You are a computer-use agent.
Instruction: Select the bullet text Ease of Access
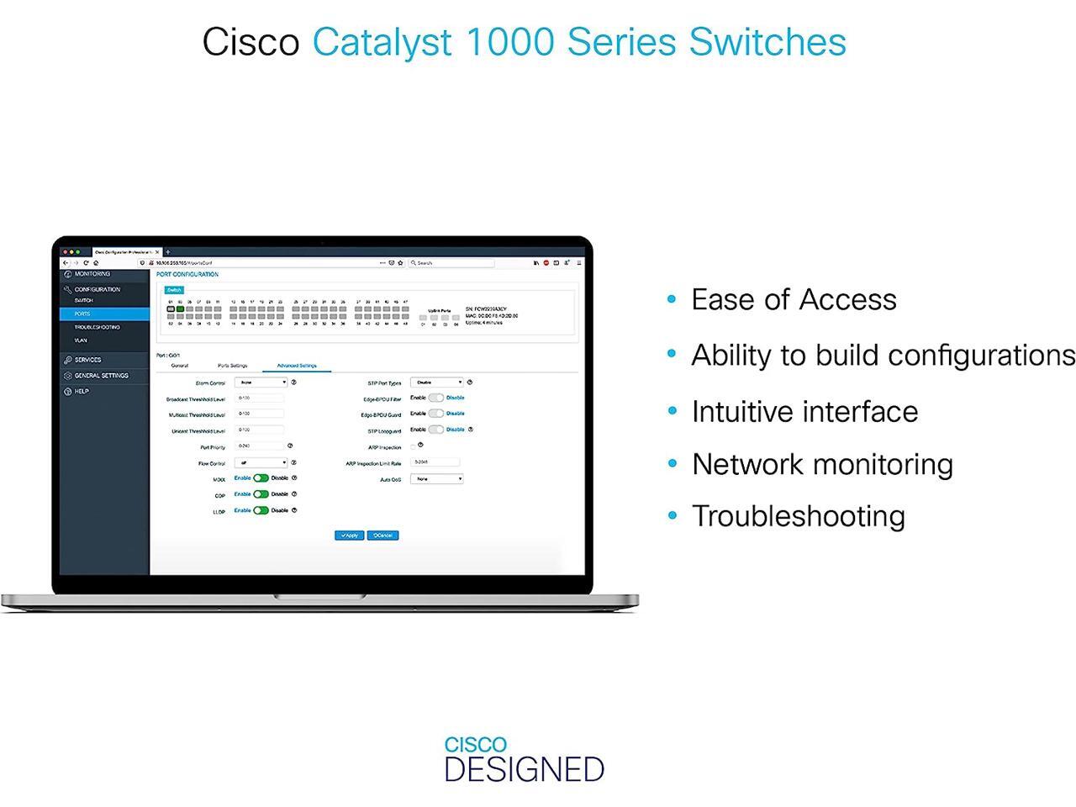tap(794, 299)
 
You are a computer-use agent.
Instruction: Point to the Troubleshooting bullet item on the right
tap(798, 515)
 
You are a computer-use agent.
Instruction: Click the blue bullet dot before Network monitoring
tap(672, 464)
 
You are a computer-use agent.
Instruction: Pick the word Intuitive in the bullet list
tap(741, 412)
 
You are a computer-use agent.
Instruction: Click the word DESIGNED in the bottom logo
tap(524, 769)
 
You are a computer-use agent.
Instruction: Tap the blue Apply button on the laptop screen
tap(349, 535)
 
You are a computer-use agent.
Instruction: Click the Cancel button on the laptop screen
tap(382, 535)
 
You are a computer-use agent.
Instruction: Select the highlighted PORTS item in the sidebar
tap(104, 314)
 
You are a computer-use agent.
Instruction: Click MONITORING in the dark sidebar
tap(92, 274)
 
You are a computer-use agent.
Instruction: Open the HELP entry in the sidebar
tap(81, 391)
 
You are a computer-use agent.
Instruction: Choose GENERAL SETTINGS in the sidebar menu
tap(101, 376)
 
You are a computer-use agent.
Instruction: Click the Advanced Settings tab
tap(297, 366)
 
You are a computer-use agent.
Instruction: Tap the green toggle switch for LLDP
tap(261, 510)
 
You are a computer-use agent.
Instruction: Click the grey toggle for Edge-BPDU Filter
tap(435, 398)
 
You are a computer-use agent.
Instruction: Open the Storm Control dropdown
tap(261, 382)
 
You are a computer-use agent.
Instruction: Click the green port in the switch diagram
tap(180, 309)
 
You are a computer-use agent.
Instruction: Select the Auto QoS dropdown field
tap(436, 479)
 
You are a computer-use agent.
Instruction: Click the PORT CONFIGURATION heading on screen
tap(187, 274)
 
